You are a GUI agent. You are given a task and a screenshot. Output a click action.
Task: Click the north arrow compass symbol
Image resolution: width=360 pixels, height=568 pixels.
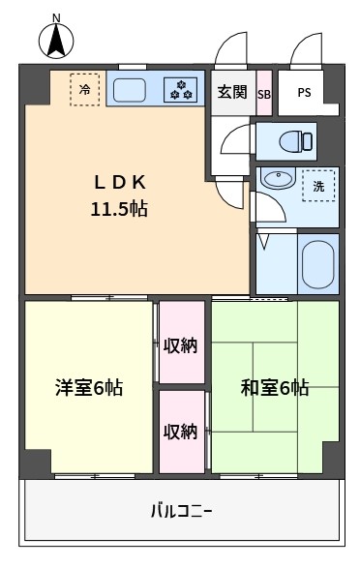click(x=56, y=39)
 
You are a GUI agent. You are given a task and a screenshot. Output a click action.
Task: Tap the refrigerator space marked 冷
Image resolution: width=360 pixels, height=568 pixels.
click(x=85, y=90)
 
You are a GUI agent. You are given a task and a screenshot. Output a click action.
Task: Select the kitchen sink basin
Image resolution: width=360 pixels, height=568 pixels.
click(x=130, y=90)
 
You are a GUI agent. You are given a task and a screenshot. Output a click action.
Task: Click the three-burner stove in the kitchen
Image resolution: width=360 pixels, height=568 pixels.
click(x=180, y=90)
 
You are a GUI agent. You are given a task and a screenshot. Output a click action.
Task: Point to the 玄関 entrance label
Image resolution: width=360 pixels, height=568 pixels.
click(x=232, y=92)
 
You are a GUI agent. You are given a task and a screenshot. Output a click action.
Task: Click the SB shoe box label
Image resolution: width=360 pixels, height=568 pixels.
click(x=264, y=95)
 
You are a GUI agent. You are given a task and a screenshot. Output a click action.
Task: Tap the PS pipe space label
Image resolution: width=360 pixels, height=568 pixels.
click(x=304, y=93)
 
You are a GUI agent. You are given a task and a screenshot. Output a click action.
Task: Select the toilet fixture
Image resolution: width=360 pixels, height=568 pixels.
click(x=295, y=141)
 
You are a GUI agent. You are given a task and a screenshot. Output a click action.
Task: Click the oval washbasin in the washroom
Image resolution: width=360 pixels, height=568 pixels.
click(x=278, y=179)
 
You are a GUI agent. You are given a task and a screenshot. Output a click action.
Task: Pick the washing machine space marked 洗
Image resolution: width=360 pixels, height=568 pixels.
click(x=318, y=186)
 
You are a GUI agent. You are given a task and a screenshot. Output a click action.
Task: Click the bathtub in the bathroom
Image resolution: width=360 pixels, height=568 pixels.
click(x=317, y=264)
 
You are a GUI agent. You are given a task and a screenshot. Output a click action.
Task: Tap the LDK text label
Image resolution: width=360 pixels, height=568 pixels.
click(x=120, y=183)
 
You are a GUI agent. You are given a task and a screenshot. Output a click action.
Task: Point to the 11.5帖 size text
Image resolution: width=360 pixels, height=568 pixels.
click(x=119, y=209)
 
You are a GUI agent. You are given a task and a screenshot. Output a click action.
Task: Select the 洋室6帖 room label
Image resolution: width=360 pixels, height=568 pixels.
click(x=89, y=388)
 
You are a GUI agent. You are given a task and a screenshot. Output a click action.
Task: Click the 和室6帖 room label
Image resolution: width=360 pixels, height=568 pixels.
click(x=275, y=388)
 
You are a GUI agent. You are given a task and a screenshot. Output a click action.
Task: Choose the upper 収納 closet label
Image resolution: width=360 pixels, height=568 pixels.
click(x=180, y=346)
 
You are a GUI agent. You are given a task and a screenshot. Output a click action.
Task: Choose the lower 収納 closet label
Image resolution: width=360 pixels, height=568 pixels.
click(x=180, y=432)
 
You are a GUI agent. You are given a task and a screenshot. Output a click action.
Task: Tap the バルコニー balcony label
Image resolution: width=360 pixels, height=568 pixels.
click(x=181, y=512)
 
